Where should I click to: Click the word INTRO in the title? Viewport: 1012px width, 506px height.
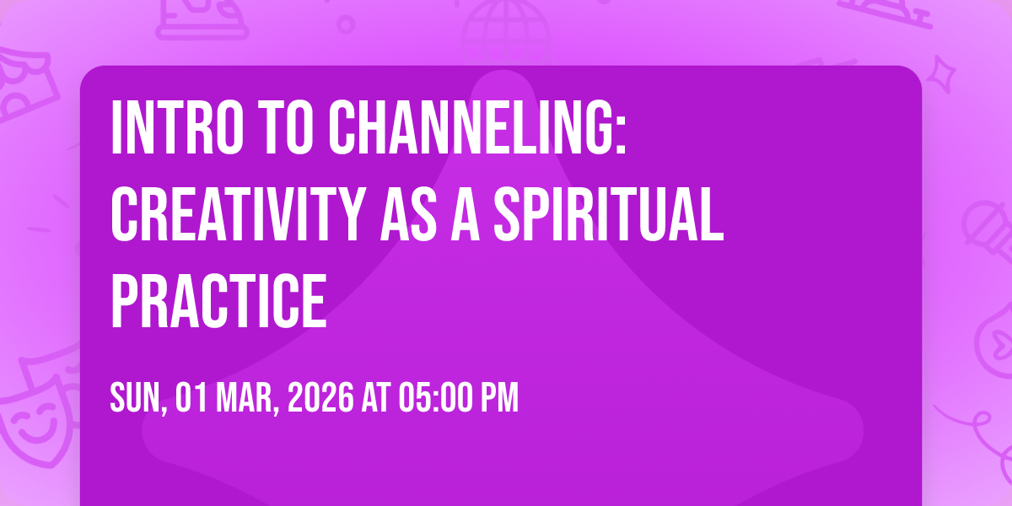pos(177,128)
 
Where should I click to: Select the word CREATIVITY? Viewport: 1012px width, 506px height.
pos(238,214)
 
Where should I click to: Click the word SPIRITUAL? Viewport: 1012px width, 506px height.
pos(609,214)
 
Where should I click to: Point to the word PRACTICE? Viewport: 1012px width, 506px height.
pos(218,301)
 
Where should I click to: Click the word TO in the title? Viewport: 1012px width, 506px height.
pos(286,128)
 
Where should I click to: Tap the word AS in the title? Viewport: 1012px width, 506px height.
pos(409,214)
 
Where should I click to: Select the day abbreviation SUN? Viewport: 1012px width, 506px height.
pos(137,398)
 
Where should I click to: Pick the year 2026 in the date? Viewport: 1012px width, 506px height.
pos(320,398)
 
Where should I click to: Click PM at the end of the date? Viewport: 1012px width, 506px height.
pos(498,398)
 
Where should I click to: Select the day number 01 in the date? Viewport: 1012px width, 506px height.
pos(191,398)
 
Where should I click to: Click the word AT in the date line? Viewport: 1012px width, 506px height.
pos(375,398)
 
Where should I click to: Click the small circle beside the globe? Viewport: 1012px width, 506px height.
pos(346,24)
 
